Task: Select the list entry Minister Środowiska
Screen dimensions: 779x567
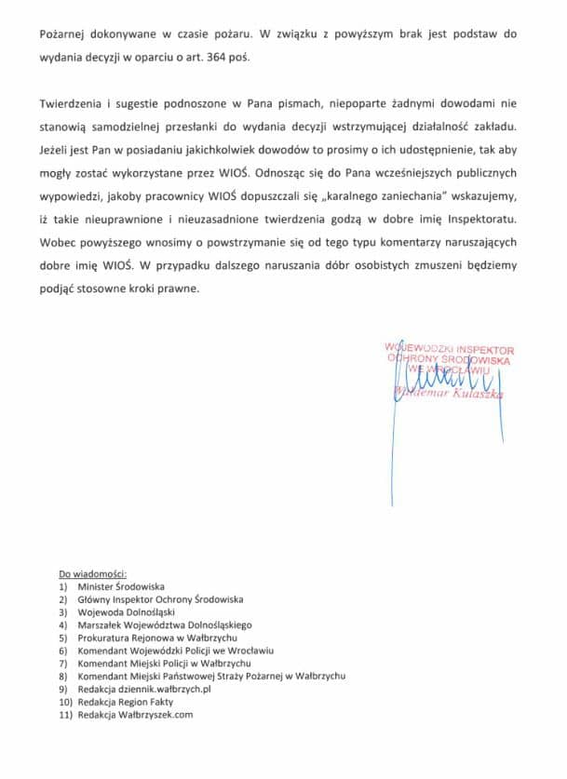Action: tap(121, 587)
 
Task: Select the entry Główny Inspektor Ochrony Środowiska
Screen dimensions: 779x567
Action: tap(160, 600)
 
